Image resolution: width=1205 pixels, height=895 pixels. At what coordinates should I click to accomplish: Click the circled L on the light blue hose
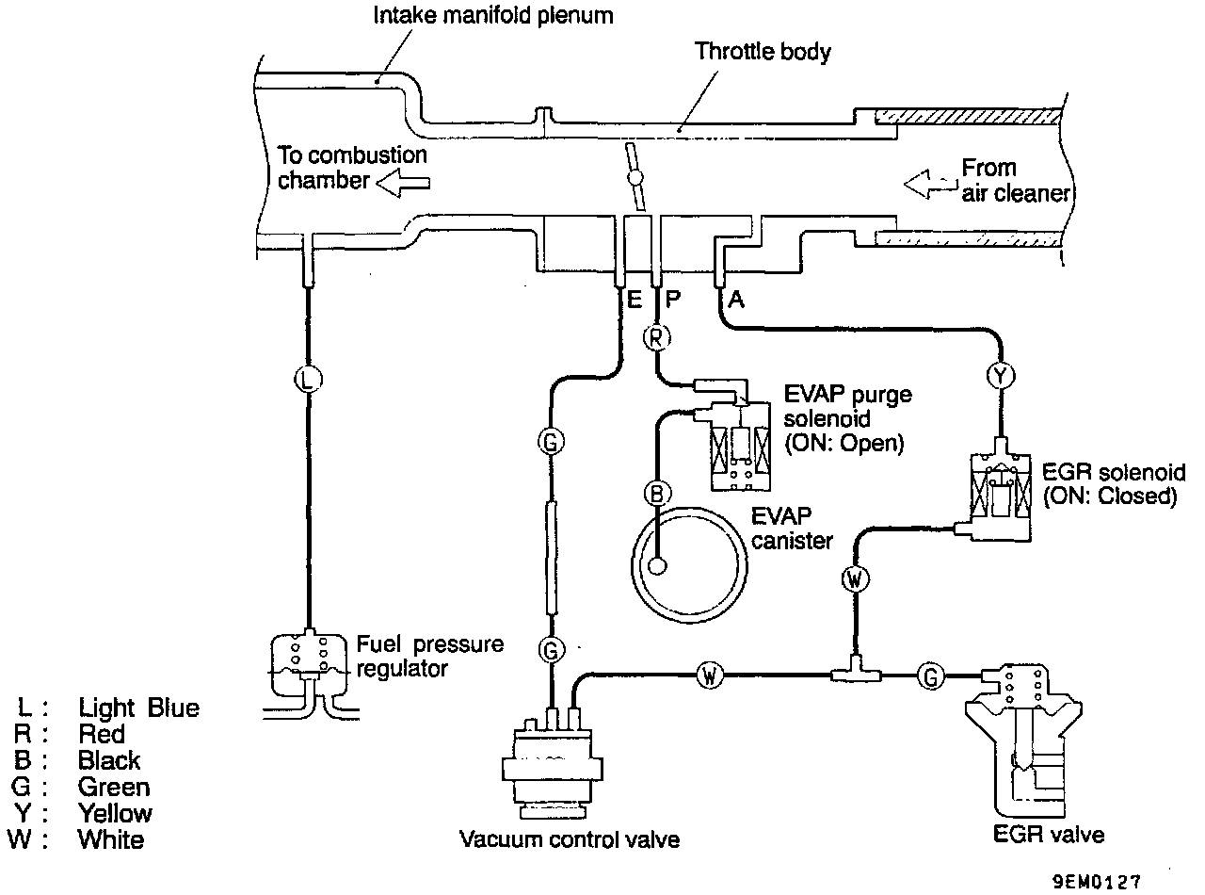pos(308,380)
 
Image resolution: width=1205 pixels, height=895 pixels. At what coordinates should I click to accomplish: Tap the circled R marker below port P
pos(656,337)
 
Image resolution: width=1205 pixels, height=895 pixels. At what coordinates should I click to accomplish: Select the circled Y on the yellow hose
pos(1001,376)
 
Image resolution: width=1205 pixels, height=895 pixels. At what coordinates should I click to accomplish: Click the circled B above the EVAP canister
pos(657,494)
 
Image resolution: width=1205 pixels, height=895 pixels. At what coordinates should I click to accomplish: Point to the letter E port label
pos(634,300)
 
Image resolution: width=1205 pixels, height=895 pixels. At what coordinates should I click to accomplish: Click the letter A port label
pos(736,299)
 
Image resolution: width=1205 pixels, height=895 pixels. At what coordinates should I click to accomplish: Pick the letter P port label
pos(672,299)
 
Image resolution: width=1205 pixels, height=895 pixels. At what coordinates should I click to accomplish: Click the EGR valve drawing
pos(1023,740)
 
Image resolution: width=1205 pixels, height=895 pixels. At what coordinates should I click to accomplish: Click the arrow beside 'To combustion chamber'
pos(403,182)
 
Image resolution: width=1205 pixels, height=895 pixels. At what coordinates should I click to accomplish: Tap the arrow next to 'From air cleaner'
pos(931,184)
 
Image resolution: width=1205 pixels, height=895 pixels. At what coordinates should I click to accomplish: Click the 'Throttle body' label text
pos(763,52)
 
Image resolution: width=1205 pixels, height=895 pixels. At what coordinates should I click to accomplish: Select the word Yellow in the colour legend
pos(115,813)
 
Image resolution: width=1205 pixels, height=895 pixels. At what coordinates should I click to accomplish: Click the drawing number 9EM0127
pos(1097,882)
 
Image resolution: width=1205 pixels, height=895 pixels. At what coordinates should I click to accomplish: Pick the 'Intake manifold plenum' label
pos(493,16)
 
